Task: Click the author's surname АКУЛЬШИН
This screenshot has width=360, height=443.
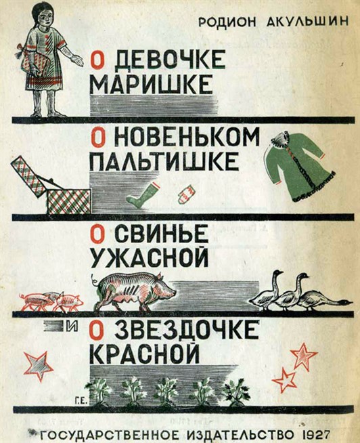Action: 307,22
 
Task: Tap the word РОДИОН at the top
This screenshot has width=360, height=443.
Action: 227,22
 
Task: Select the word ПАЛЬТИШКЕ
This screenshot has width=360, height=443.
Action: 164,161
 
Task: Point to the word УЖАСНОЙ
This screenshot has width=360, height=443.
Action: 149,257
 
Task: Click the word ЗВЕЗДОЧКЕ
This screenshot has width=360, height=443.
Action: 187,330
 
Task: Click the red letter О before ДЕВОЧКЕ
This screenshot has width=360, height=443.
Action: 97,60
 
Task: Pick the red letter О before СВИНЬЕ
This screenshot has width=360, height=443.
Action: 97,234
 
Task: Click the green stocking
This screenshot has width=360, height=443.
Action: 141,194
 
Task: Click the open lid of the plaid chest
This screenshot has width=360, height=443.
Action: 28,175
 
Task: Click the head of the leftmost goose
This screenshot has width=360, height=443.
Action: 278,273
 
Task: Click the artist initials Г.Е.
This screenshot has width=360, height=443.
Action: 82,400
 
